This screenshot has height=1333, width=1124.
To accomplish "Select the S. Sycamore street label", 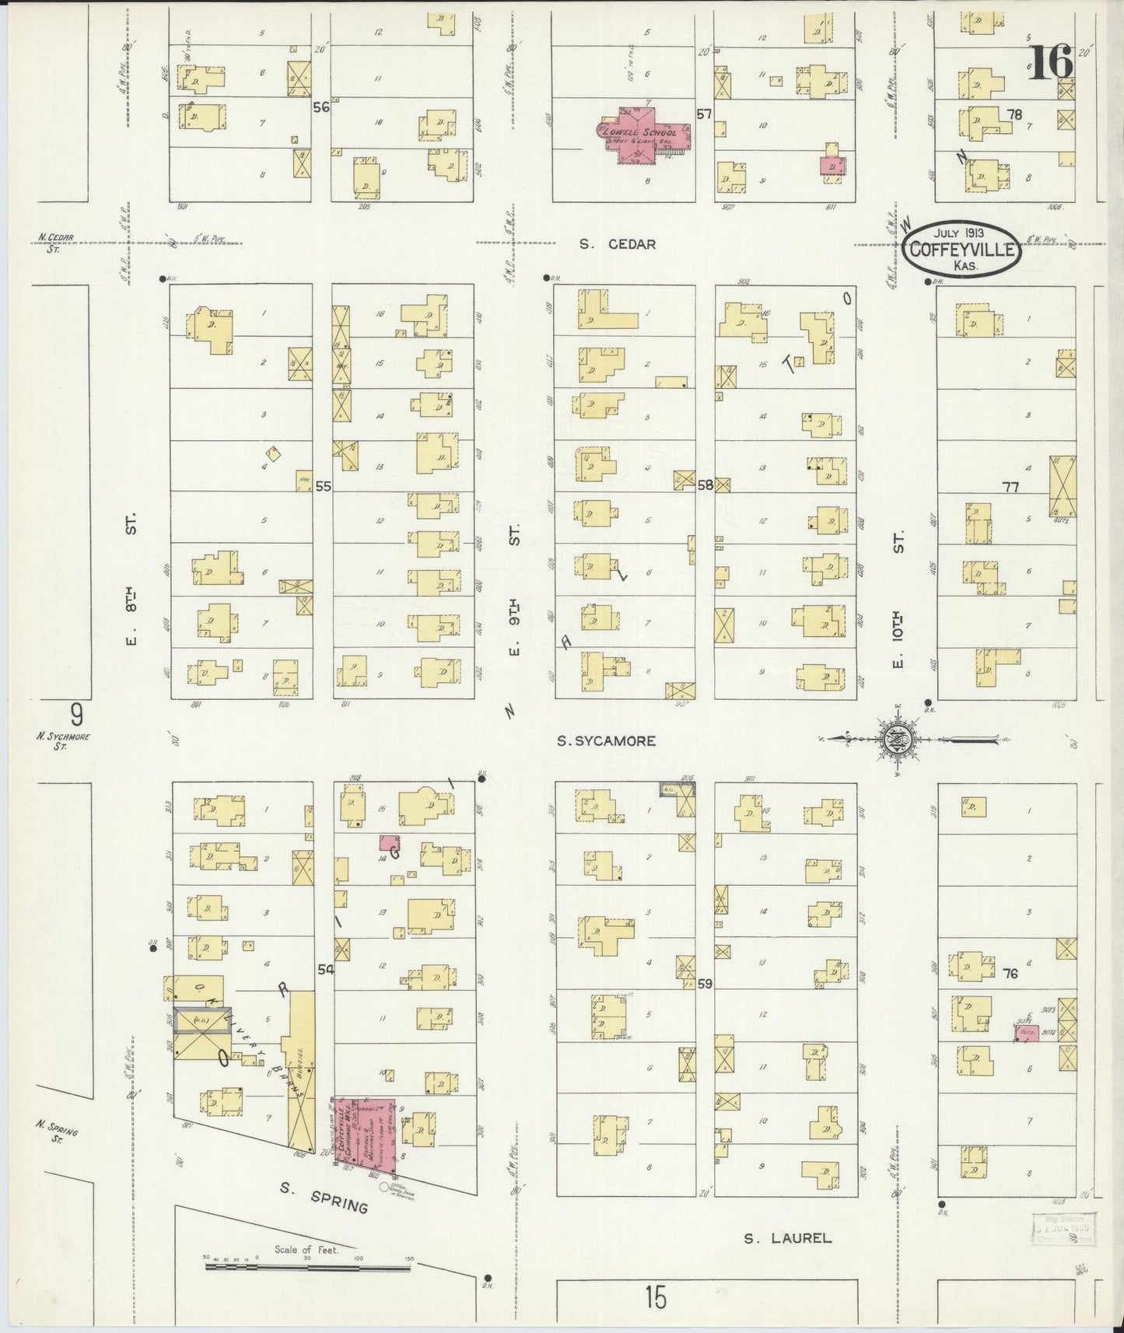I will [606, 741].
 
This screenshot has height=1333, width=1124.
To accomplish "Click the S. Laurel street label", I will [787, 1237].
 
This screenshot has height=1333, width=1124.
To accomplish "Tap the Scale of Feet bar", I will [308, 1268].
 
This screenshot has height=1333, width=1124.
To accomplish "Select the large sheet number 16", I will [1051, 62].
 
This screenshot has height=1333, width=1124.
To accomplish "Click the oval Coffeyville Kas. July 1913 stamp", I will [962, 249].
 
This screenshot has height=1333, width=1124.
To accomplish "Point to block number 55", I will [323, 486].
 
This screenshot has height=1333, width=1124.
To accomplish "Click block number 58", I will [705, 485].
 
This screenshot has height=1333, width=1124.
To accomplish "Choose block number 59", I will [705, 984].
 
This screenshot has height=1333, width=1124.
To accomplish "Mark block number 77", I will [1010, 487].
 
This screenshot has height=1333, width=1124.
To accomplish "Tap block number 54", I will [324, 969].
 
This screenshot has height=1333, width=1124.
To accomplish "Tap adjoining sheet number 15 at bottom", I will [655, 1297].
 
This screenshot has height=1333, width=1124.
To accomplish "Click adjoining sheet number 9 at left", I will [75, 713].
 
